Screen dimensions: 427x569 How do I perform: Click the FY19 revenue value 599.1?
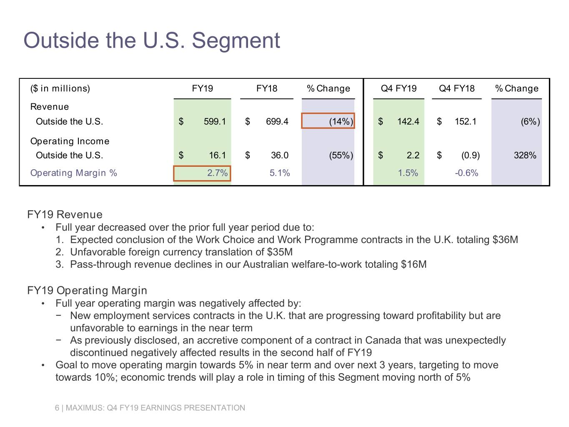coord(214,121)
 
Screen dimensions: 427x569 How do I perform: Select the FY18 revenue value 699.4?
coord(277,121)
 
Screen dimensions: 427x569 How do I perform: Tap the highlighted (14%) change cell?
coord(328,121)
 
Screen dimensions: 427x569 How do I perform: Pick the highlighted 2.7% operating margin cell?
coord(202,173)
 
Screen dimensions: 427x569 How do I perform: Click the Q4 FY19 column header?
coord(399,88)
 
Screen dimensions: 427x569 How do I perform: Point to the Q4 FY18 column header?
coord(456,88)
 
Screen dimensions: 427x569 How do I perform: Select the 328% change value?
coord(525,156)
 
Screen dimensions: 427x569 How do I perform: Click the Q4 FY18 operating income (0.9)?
coord(470,156)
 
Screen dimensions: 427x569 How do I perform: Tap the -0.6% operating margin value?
coord(466,173)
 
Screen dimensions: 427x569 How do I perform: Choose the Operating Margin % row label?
coord(73,173)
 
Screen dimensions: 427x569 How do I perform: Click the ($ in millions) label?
coord(60,88)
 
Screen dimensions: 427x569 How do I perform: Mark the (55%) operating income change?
coord(341,156)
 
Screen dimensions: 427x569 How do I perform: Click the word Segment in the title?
coord(236,40)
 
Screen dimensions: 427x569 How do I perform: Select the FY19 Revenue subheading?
coord(65,215)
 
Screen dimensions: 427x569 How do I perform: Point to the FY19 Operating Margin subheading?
coord(87,291)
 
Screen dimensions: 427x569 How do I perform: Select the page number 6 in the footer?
coord(57,408)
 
